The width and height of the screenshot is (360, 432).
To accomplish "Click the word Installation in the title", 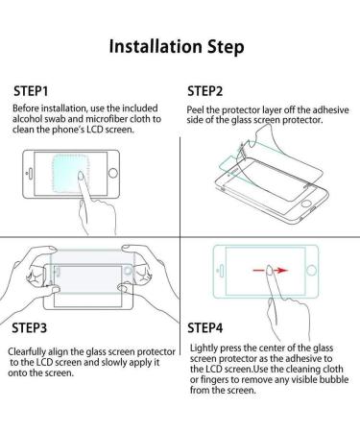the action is (156, 46).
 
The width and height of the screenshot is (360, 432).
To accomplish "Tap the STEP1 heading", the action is (31, 91).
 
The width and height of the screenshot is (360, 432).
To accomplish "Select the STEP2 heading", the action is (204, 91).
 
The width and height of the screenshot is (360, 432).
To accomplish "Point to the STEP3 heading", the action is (30, 328).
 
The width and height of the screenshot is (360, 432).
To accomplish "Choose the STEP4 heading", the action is (204, 328).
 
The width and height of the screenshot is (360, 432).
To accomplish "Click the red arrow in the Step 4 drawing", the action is (271, 271).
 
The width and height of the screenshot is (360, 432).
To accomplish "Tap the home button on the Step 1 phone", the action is (113, 173).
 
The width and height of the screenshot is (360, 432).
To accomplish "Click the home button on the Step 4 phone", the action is (311, 271).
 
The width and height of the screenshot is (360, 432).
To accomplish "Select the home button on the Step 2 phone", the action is (306, 204).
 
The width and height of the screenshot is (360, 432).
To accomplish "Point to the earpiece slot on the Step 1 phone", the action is (31, 174).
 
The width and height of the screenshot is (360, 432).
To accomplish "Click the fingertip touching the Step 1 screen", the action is (81, 176).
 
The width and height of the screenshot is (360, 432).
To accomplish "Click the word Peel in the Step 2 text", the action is (195, 110).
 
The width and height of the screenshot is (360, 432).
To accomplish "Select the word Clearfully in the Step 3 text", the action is (27, 352).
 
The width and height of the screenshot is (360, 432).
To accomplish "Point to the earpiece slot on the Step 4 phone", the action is (221, 271).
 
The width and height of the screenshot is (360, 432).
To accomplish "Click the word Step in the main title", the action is (226, 47).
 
